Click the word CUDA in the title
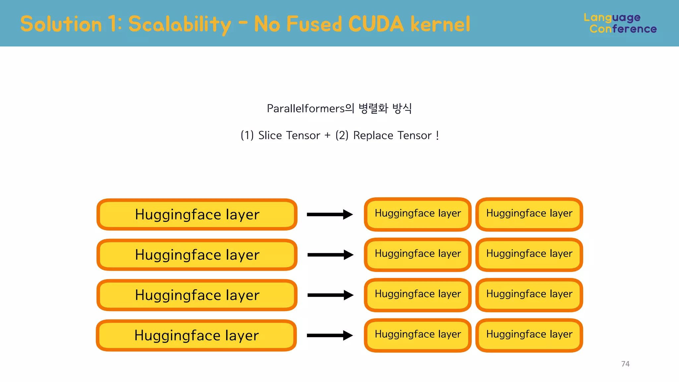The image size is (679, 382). [x=376, y=24]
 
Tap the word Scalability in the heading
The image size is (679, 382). [x=179, y=25]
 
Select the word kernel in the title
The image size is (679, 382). [x=440, y=24]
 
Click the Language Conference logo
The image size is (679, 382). [x=620, y=23]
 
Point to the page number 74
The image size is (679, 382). [x=625, y=364]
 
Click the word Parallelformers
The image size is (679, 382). [x=306, y=108]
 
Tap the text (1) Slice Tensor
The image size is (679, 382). [x=280, y=135]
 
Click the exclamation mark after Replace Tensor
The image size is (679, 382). [x=437, y=135]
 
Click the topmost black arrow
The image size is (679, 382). [x=330, y=215]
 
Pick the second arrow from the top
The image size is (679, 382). [x=330, y=255]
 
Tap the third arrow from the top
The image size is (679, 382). [x=330, y=295]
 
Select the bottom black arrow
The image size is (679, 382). [x=330, y=335]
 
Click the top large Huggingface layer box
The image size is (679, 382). [x=197, y=215]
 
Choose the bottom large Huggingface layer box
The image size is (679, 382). [x=196, y=335]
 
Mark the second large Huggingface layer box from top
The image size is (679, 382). [x=197, y=255]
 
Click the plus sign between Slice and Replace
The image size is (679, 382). [x=328, y=135]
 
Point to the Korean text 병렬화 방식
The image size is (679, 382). [x=385, y=108]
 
